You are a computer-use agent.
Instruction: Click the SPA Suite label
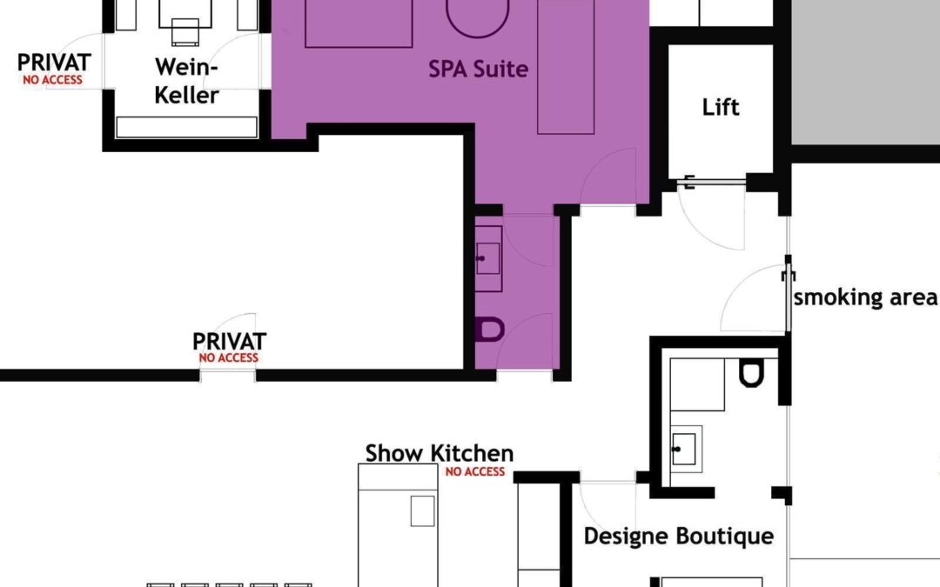tap(479, 69)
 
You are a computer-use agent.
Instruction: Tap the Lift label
tap(721, 107)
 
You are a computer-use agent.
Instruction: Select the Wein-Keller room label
tap(186, 81)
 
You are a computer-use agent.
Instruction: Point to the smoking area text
tap(864, 297)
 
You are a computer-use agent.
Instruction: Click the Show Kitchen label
tap(440, 453)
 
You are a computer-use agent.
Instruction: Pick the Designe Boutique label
tap(679, 536)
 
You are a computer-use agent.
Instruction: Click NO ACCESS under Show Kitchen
tap(475, 472)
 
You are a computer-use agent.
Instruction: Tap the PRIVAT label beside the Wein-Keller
tap(54, 63)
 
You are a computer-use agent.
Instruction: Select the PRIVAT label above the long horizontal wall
tap(229, 342)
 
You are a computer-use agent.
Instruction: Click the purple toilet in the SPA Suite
tap(490, 330)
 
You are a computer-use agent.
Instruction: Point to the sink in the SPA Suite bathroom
tap(488, 258)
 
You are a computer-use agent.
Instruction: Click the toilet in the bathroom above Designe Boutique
tap(751, 372)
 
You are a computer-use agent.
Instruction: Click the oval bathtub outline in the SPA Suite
tap(478, 18)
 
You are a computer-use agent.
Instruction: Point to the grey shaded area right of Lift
tap(866, 72)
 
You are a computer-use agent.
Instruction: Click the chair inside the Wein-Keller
tap(185, 32)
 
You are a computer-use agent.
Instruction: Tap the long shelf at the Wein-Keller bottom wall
tap(186, 127)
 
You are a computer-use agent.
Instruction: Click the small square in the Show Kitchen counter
tap(423, 511)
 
